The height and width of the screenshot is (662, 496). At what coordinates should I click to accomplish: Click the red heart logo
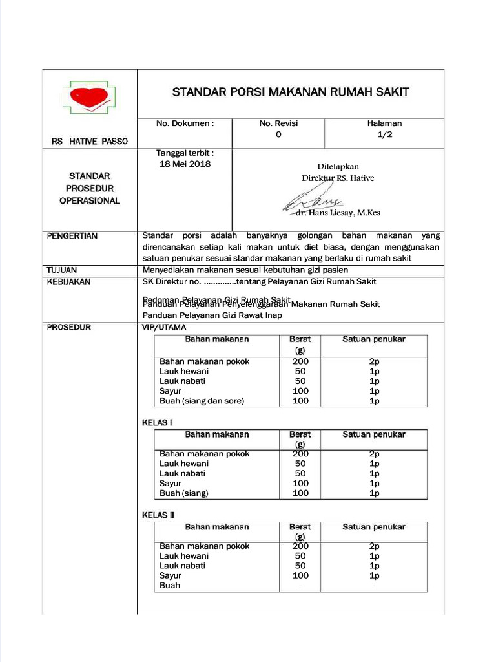[x=90, y=97]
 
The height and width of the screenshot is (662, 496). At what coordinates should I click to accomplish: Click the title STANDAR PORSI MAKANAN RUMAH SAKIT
[x=291, y=92]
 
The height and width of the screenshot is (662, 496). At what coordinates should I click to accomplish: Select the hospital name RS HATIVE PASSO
[x=90, y=141]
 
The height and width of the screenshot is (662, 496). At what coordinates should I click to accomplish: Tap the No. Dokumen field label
[x=185, y=123]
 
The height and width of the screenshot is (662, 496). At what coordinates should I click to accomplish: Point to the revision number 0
[x=278, y=134]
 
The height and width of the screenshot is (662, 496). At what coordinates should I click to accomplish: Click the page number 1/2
[x=384, y=134]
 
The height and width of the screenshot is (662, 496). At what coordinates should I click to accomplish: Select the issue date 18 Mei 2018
[x=185, y=164]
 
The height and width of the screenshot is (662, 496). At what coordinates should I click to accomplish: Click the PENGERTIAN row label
[x=72, y=236]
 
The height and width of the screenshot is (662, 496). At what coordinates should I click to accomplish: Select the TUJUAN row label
[x=63, y=270]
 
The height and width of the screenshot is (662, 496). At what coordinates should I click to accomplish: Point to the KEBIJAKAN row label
[x=69, y=282]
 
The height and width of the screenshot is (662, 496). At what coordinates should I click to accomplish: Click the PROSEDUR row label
[x=69, y=327]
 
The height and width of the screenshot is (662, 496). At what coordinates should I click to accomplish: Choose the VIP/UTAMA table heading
[x=164, y=328]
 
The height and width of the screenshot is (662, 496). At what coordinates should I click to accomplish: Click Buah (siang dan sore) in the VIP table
[x=201, y=401]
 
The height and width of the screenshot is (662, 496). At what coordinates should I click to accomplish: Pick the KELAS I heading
[x=157, y=423]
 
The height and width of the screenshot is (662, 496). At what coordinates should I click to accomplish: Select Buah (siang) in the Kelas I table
[x=184, y=493]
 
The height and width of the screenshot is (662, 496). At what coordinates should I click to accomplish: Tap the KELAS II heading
[x=158, y=515]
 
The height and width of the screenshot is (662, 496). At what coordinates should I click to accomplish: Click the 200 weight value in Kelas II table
[x=300, y=546]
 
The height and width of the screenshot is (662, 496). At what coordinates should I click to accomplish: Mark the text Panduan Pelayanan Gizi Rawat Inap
[x=212, y=315]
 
